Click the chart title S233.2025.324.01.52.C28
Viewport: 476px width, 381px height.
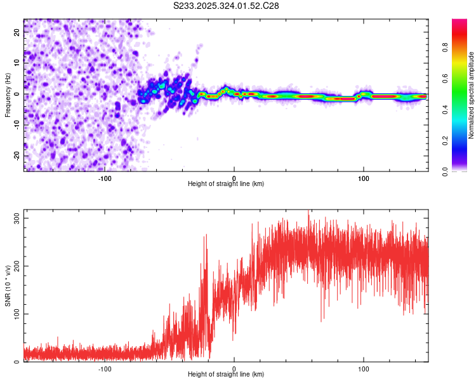pyautogui.click(x=226, y=6)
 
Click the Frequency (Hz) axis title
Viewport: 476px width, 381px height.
pyautogui.click(x=8, y=95)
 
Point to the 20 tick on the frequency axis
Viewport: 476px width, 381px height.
pyautogui.click(x=17, y=32)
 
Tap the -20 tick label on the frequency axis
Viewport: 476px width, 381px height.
pyautogui.click(x=17, y=156)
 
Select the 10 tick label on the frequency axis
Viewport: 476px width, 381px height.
pyautogui.click(x=17, y=63)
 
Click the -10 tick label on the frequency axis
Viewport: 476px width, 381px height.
pyautogui.click(x=17, y=125)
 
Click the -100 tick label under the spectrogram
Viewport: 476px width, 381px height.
pyautogui.click(x=105, y=178)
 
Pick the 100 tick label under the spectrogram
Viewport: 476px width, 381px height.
pyautogui.click(x=364, y=178)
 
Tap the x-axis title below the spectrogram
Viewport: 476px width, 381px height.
pyautogui.click(x=226, y=184)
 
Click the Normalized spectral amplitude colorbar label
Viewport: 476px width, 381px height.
pyautogui.click(x=471, y=95)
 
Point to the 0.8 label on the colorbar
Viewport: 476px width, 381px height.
pyautogui.click(x=445, y=48)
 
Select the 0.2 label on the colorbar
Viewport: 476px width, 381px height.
pyautogui.click(x=445, y=141)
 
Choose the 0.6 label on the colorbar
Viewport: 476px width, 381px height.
pyautogui.click(x=445, y=78)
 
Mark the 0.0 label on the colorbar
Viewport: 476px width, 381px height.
pyautogui.click(x=445, y=171)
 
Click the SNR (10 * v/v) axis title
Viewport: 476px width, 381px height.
pyautogui.click(x=8, y=286)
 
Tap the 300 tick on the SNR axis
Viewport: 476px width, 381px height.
pyautogui.click(x=17, y=218)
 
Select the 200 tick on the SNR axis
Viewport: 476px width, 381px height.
pyautogui.click(x=17, y=266)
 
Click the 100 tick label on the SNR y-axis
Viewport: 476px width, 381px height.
pyautogui.click(x=17, y=314)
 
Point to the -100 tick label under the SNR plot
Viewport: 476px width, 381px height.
pyautogui.click(x=105, y=369)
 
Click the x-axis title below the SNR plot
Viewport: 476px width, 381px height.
pyautogui.click(x=226, y=374)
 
